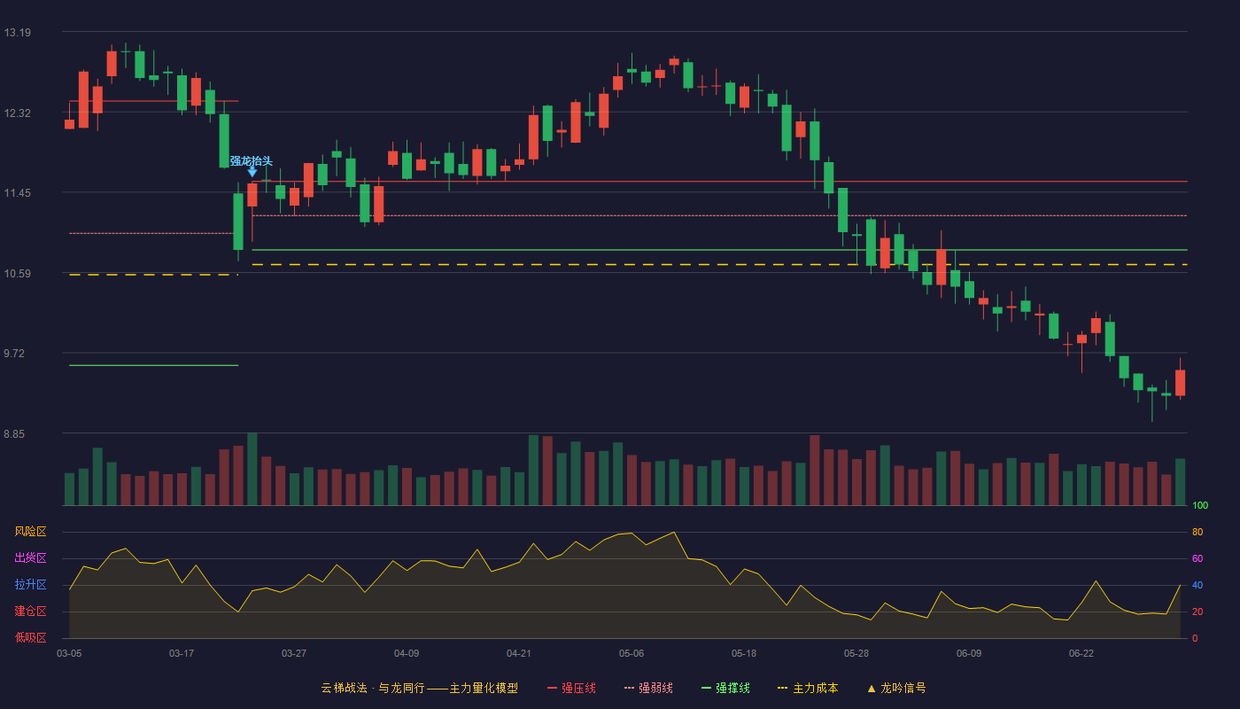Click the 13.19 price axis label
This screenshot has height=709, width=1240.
pos(17,33)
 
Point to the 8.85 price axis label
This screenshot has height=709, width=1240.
pos(14,434)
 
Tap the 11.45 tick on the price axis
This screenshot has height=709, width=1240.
pos(17,193)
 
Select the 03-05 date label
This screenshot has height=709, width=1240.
pos(69,654)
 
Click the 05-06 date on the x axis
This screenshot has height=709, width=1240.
pos(632,654)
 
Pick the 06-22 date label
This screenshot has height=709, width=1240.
pos(1081,654)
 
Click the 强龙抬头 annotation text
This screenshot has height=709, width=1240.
pos(252,161)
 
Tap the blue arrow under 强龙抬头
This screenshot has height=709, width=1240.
pos(252,172)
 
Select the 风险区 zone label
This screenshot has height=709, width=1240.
pos(30,532)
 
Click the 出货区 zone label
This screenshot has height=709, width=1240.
pos(30,557)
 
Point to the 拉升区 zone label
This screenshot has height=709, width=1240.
pos(30,584)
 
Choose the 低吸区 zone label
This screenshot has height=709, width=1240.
pos(30,637)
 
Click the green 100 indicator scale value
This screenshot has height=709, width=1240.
pos(1200,506)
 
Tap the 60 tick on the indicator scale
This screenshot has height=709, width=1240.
pos(1197,558)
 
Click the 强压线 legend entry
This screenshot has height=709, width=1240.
pos(571,688)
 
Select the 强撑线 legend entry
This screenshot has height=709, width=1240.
pos(725,688)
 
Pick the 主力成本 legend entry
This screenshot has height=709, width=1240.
pos(808,688)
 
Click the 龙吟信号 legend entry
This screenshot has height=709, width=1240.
pos(896,688)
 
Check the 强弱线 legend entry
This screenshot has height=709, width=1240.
pos(648,688)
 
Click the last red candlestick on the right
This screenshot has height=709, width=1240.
pos(1180,382)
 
